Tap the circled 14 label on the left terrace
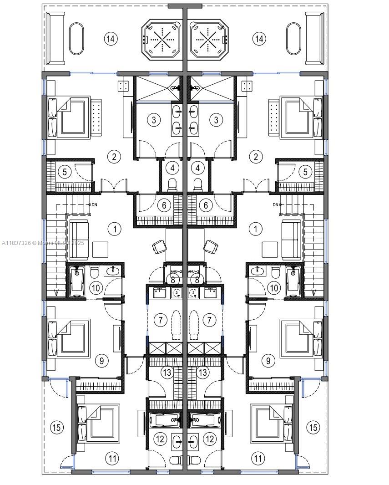[x=110, y=39]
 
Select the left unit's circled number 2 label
[x=114, y=157]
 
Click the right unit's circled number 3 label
[x=216, y=120]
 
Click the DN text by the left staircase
[x=94, y=205]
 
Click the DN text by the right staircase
[x=275, y=205]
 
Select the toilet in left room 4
[x=172, y=185]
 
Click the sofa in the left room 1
[x=78, y=235]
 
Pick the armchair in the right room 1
[x=211, y=246]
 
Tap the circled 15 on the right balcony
[x=313, y=427]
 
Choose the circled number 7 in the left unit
[x=160, y=320]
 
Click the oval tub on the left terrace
[x=76, y=39]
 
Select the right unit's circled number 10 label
[x=274, y=288]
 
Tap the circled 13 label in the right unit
[x=202, y=372]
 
